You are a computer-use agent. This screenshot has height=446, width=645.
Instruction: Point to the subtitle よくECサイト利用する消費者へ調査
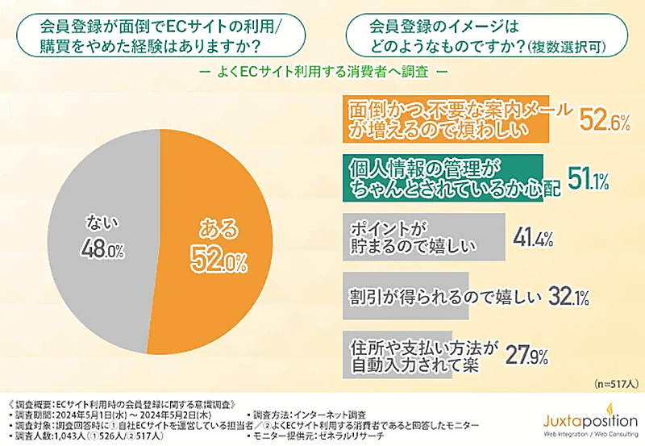pos(322,70)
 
